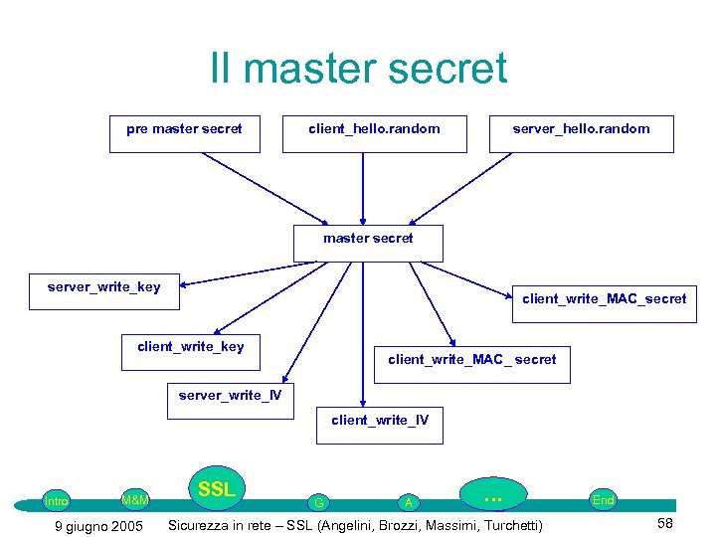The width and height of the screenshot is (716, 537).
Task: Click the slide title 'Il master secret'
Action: tap(358, 69)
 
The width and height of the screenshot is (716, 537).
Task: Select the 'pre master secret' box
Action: tap(184, 133)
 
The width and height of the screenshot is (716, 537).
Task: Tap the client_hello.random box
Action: tap(374, 133)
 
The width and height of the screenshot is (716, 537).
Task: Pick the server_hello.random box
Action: tap(581, 133)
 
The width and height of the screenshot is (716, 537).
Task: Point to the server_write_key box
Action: tap(103, 289)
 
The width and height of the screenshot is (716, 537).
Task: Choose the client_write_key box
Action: tap(190, 352)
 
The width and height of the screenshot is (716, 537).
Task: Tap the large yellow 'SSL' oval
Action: tap(216, 489)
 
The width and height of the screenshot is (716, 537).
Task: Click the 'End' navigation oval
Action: tap(603, 500)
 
